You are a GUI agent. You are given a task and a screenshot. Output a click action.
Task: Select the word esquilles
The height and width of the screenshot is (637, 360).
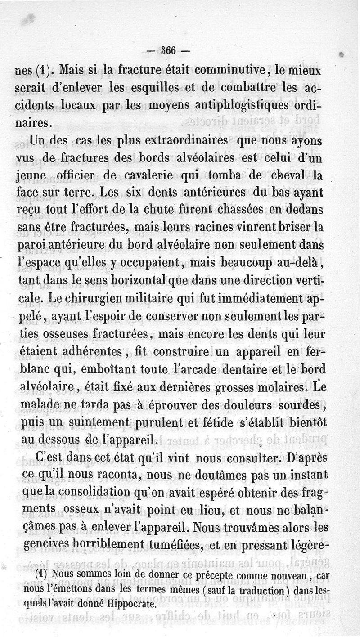pos(153,87)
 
